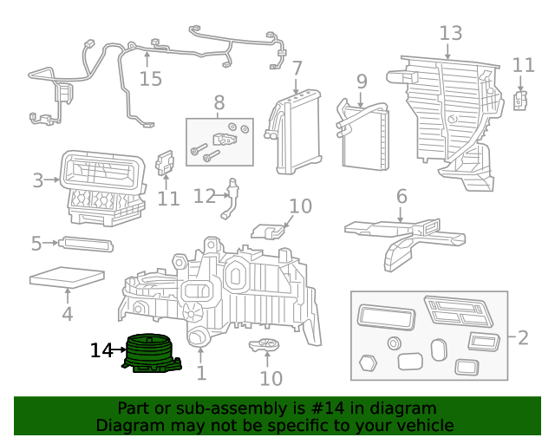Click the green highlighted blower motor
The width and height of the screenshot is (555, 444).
[153, 354]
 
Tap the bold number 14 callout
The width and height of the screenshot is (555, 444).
[101, 350]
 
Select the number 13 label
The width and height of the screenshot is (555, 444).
[451, 33]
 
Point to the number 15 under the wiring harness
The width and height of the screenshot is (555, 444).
[150, 79]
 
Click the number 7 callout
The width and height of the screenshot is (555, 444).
[297, 68]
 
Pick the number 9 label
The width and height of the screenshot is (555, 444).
[362, 82]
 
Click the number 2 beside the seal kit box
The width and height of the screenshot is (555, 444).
[522, 336]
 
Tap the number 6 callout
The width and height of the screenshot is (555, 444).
[402, 197]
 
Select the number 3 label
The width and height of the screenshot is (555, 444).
[37, 180]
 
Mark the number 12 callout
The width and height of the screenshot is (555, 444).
[203, 197]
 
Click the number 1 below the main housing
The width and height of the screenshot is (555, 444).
[201, 374]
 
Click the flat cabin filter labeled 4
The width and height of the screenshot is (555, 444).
[66, 278]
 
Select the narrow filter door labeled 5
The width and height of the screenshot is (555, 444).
[86, 244]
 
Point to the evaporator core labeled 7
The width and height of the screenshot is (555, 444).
[297, 134]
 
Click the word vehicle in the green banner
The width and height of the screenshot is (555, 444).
[424, 425]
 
